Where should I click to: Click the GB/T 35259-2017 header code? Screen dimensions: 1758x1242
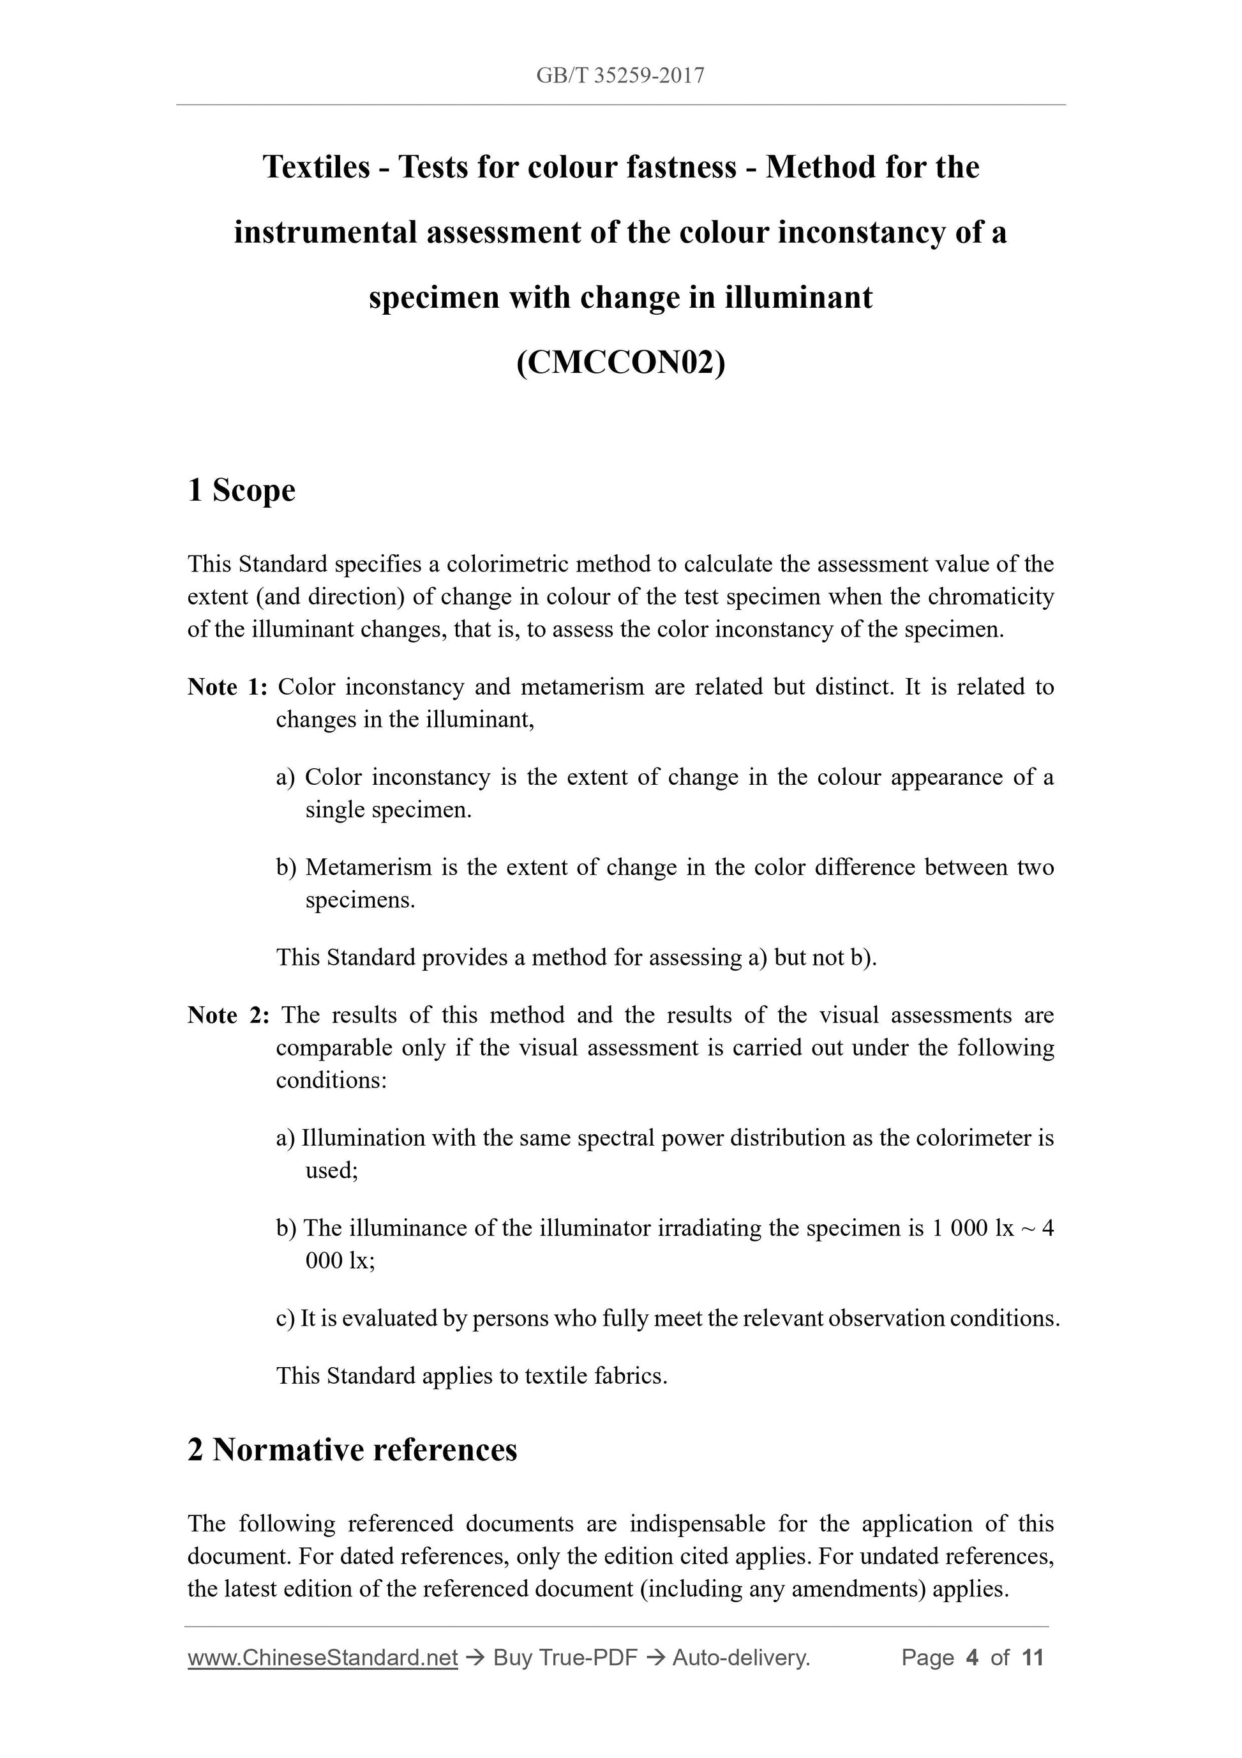click(620, 75)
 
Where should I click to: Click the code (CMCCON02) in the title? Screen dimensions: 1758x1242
click(620, 362)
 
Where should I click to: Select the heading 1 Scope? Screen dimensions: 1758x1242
click(241, 490)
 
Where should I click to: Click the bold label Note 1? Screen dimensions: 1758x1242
click(227, 687)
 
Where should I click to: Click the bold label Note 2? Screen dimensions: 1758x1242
click(228, 1015)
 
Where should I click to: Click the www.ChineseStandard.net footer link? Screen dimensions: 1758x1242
click(322, 1658)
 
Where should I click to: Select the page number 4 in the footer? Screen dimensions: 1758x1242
click(973, 1658)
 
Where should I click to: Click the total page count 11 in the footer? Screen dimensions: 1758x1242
click(1032, 1658)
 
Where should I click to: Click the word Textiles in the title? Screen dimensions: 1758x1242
click(316, 167)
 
